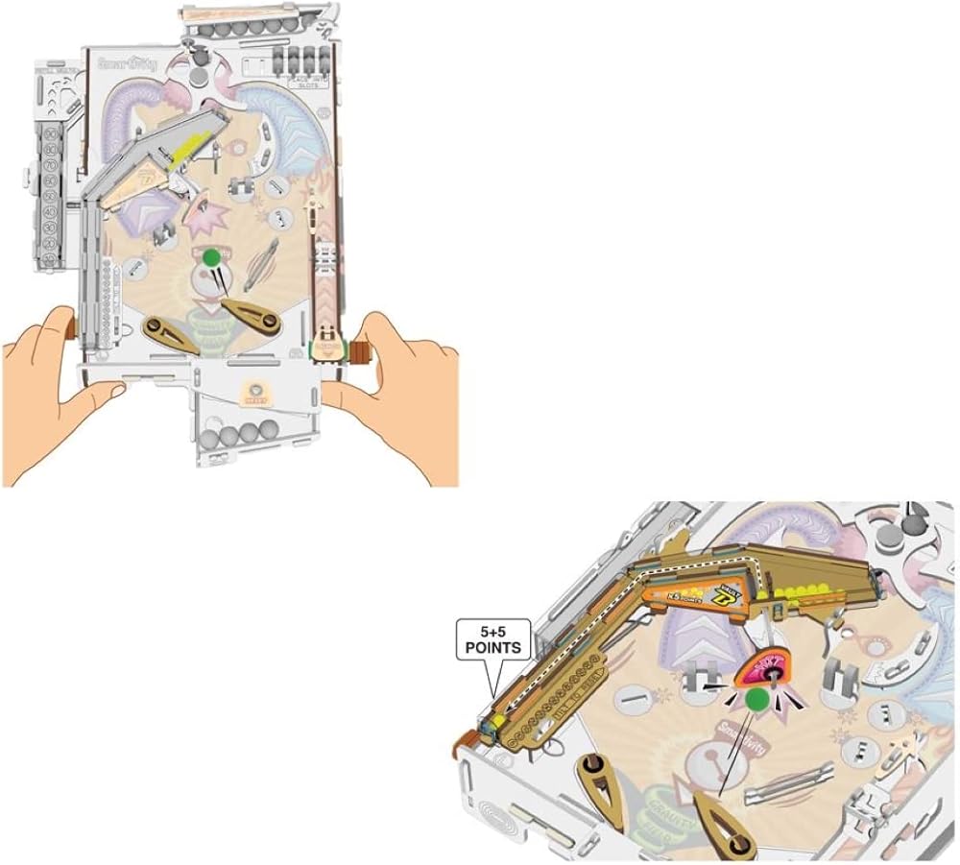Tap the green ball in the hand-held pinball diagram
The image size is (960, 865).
coord(210,256)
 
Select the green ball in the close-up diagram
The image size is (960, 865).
coord(758,701)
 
